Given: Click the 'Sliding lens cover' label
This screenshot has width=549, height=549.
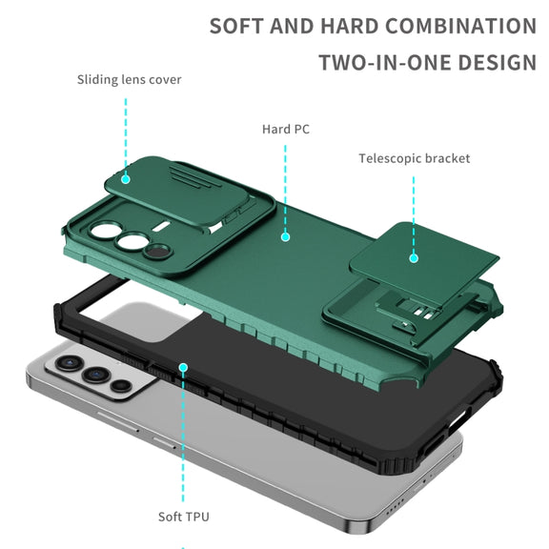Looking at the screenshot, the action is pyautogui.click(x=130, y=80).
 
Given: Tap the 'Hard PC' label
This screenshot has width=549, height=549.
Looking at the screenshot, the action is pyautogui.click(x=286, y=130).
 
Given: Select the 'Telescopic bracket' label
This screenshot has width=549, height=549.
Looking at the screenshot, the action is pyautogui.click(x=415, y=158).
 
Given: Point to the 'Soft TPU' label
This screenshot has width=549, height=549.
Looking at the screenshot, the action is pyautogui.click(x=183, y=517).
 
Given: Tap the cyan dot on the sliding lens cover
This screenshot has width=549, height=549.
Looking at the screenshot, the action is pyautogui.click(x=126, y=179).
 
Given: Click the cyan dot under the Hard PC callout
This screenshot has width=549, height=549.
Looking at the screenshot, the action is pyautogui.click(x=285, y=237).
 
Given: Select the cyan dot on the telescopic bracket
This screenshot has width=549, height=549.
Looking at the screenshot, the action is pyautogui.click(x=414, y=258).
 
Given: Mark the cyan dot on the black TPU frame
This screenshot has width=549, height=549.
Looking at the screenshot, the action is pyautogui.click(x=183, y=367).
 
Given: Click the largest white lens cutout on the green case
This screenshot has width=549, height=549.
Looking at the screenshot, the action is pyautogui.click(x=104, y=231).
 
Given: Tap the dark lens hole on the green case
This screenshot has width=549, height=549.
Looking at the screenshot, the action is pyautogui.click(x=157, y=251).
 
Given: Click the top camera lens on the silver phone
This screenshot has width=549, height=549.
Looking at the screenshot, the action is pyautogui.click(x=70, y=363).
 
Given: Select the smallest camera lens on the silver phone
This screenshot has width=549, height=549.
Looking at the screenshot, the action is pyautogui.click(x=121, y=386).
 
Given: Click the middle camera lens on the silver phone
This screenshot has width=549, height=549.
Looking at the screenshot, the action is pyautogui.click(x=96, y=375).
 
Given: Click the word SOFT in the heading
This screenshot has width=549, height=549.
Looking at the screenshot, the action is pyautogui.click(x=236, y=27).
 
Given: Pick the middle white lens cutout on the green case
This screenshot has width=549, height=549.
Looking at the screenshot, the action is pyautogui.click(x=132, y=241).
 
